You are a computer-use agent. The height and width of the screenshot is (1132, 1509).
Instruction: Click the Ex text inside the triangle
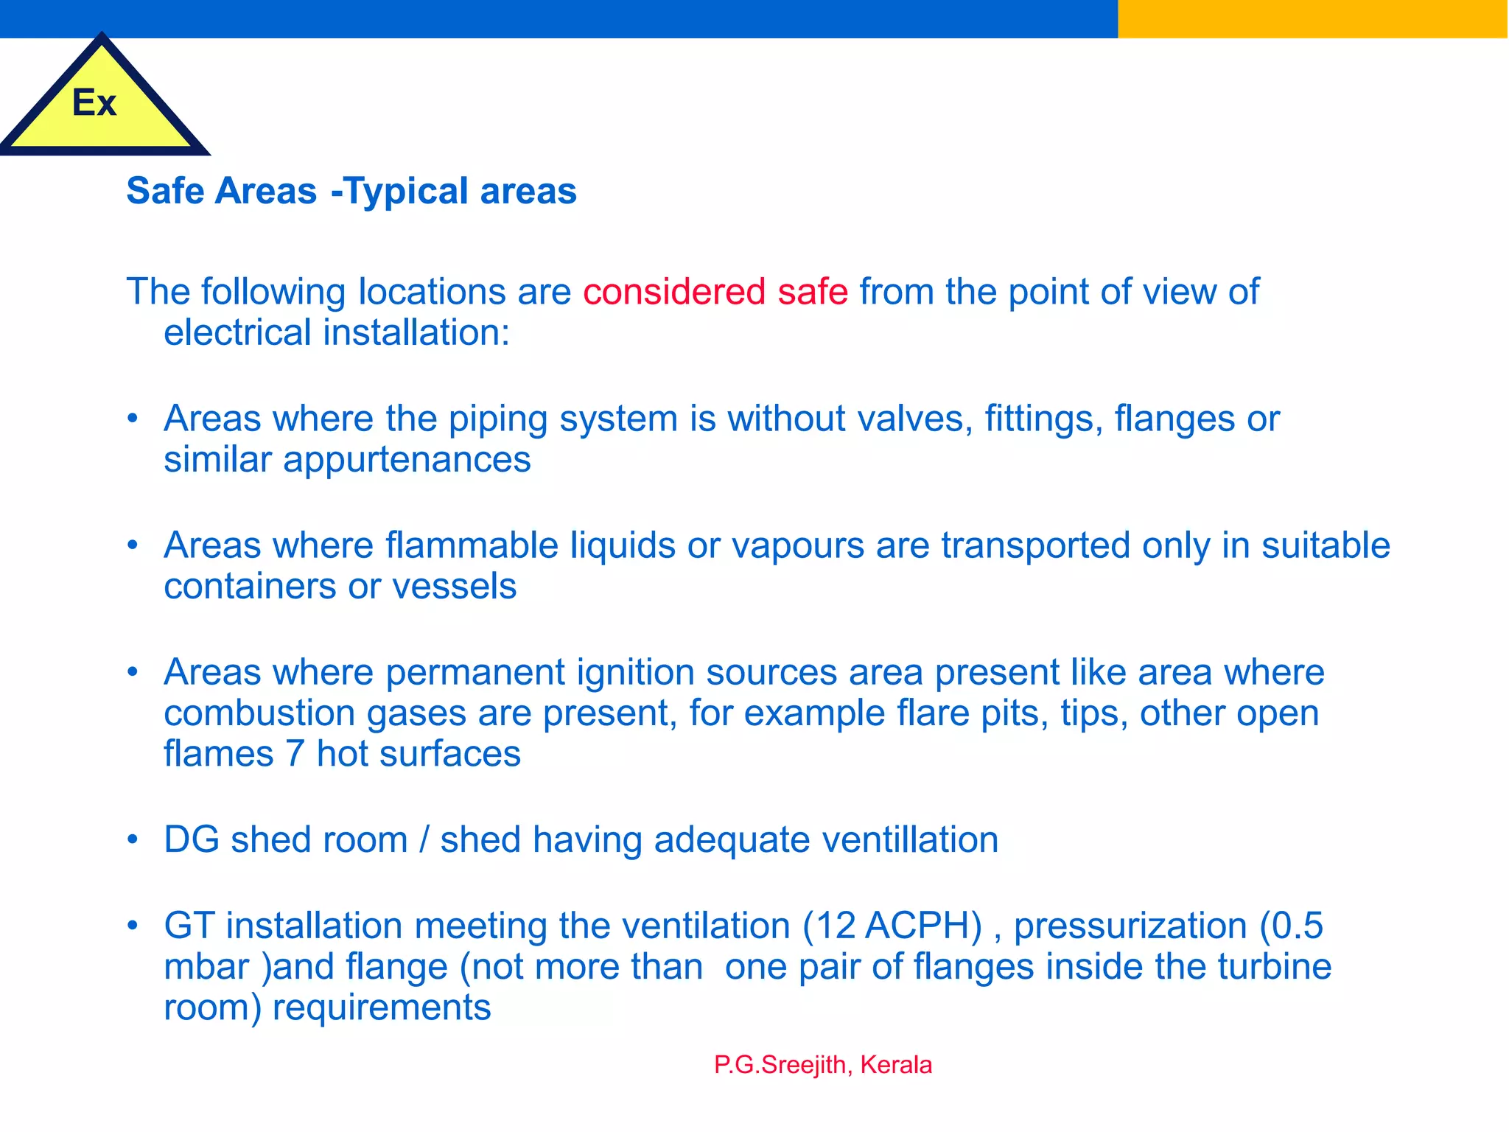coord(94,102)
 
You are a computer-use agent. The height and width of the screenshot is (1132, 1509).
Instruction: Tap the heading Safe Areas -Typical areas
coord(351,191)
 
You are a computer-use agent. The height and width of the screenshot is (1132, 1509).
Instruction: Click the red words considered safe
coord(715,291)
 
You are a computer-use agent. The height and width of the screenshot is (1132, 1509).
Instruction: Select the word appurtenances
coord(407,460)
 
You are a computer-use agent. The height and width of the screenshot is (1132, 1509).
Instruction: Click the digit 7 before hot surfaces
coord(295,754)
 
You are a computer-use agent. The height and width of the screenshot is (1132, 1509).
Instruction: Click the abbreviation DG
coord(192,840)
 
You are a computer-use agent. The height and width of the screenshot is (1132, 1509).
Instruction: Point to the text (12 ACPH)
coord(892,926)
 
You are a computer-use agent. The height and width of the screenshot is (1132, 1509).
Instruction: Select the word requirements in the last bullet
coord(382,1007)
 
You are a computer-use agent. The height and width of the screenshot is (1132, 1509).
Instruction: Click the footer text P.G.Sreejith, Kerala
coord(823,1065)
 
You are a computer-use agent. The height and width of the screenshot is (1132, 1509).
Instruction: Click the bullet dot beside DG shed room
coord(133,839)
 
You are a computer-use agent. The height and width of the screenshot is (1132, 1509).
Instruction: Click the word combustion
coord(259,713)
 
